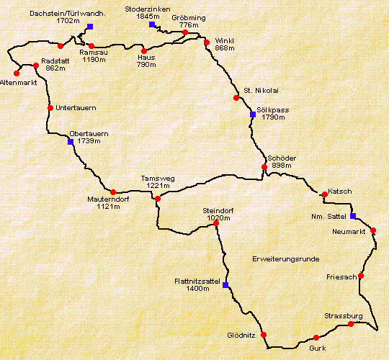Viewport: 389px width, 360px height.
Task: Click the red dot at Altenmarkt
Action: (x=17, y=73)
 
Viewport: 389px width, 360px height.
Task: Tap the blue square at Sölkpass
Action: (x=252, y=114)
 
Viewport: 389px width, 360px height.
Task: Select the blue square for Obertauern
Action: (x=71, y=142)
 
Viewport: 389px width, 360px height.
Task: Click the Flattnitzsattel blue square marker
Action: (x=225, y=285)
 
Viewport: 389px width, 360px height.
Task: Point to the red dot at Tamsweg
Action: (x=158, y=198)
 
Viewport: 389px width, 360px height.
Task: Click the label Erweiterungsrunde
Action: (x=285, y=258)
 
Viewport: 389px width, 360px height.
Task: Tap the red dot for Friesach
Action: (x=361, y=276)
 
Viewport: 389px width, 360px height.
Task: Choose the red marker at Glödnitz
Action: (x=264, y=335)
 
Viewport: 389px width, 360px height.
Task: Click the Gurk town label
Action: (x=318, y=348)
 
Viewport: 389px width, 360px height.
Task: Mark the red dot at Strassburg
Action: (x=351, y=324)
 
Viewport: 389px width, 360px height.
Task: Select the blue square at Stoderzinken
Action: (x=152, y=24)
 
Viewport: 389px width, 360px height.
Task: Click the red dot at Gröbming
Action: (x=185, y=32)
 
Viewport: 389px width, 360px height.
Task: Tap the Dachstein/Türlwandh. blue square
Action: (x=90, y=27)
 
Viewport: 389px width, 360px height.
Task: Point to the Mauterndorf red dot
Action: (x=113, y=192)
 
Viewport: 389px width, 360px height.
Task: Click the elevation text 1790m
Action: (x=274, y=117)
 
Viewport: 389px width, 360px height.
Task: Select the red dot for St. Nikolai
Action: (x=236, y=98)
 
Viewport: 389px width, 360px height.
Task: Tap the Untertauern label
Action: (x=76, y=107)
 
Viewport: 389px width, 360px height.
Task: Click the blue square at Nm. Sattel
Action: (x=353, y=216)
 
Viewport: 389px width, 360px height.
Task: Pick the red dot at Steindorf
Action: (x=216, y=223)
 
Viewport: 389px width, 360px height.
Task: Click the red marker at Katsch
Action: (x=325, y=194)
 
